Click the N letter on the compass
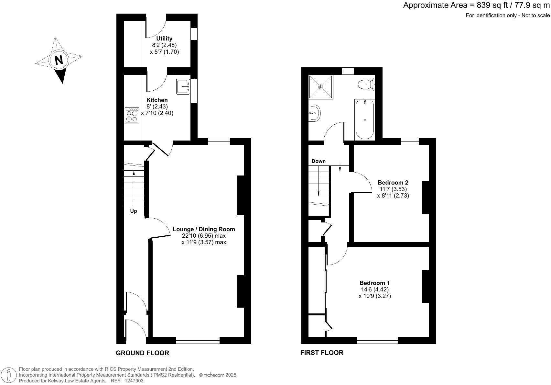pyautogui.click(x=59, y=60)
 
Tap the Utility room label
pyautogui.click(x=164, y=39)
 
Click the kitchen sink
pyautogui.click(x=183, y=86)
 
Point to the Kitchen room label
pyautogui.click(x=157, y=100)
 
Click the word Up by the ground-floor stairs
pyautogui.click(x=134, y=211)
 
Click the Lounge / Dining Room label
pyautogui.click(x=204, y=229)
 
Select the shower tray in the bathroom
pyautogui.click(x=320, y=87)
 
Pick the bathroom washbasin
pyautogui.click(x=314, y=113)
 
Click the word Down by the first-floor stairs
pyautogui.click(x=319, y=161)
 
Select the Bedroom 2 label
pyautogui.click(x=393, y=183)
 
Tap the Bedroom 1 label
pyautogui.click(x=374, y=283)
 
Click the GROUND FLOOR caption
pyautogui.click(x=142, y=353)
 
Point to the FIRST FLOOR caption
pyautogui.click(x=322, y=353)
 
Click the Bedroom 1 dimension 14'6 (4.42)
pyautogui.click(x=374, y=289)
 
